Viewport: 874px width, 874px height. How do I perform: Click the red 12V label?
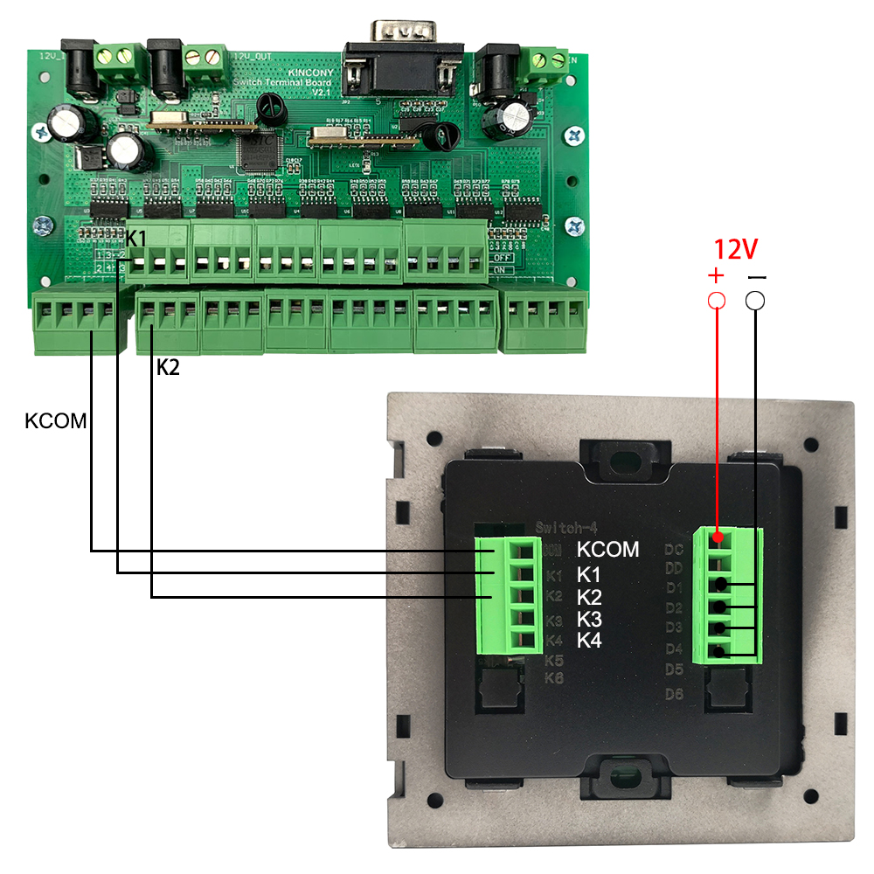tap(735, 250)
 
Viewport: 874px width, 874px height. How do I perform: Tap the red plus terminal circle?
tap(717, 301)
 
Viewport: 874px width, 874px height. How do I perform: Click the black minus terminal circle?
tap(756, 301)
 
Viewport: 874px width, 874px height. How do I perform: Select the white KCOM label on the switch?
tap(608, 551)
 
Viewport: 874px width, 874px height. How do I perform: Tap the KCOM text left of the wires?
tap(56, 420)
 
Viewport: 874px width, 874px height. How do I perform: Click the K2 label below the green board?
tap(168, 367)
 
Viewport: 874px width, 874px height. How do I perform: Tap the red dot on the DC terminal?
tap(717, 536)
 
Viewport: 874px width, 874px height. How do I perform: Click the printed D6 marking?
tap(673, 695)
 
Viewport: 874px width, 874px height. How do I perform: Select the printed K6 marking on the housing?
tap(553, 678)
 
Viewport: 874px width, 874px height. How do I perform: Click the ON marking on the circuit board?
tap(501, 271)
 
